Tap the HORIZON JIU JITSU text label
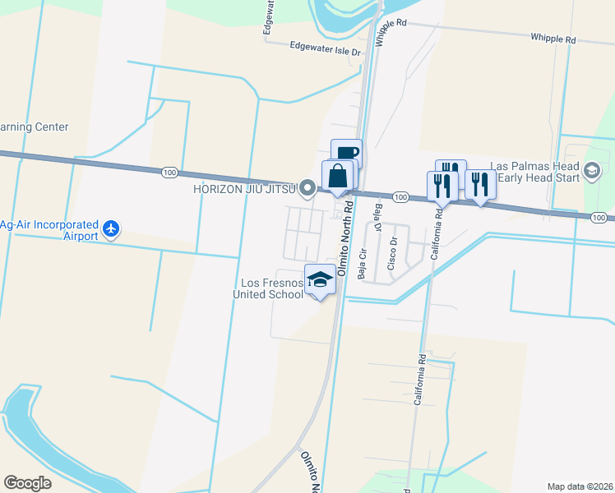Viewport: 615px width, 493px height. [x=244, y=189]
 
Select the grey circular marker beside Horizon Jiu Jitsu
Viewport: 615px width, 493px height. [x=308, y=189]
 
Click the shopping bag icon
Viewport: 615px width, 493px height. [x=338, y=176]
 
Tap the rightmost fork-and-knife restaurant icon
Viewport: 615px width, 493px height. [x=480, y=185]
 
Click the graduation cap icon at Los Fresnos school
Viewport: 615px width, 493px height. [x=321, y=279]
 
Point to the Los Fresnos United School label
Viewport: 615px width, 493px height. [x=268, y=288]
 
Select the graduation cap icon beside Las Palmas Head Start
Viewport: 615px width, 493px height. [x=590, y=171]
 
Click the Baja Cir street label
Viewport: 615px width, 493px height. [x=362, y=263]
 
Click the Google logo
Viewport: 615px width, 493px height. [x=27, y=483]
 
